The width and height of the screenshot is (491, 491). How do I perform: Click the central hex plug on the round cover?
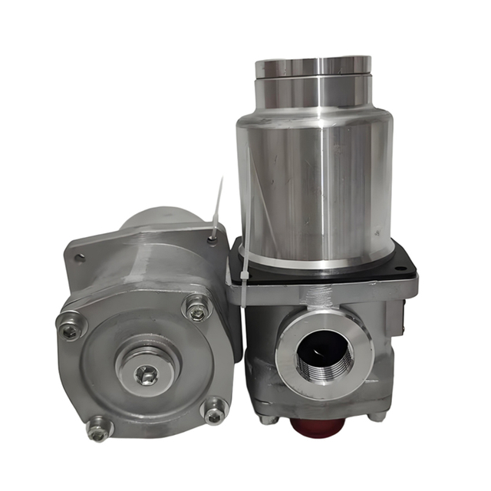146,374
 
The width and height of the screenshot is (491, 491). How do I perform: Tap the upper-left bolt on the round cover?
71,329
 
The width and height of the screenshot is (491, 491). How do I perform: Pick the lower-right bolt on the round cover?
215,411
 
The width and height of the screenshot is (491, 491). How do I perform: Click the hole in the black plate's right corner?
400,268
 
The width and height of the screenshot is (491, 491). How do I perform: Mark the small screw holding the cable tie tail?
213,241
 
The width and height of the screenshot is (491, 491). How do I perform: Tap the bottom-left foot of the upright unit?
266,419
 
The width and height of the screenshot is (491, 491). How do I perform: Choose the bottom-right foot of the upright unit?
377,417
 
